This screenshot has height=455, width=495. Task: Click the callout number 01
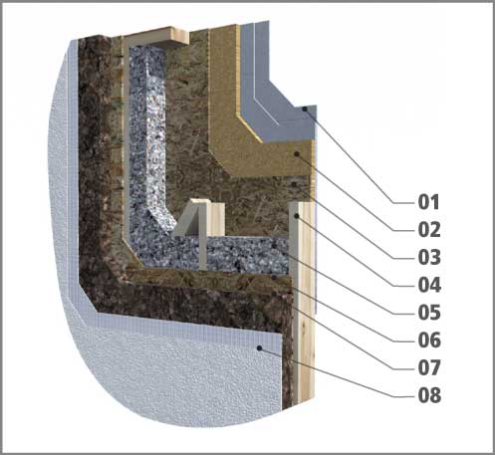click(429, 202)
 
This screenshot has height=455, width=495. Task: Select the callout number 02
click(429, 230)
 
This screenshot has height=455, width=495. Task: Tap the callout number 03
click(429, 257)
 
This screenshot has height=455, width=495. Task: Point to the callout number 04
click(429, 285)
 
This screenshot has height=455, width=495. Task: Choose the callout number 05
click(429, 313)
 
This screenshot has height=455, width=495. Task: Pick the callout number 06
click(429, 341)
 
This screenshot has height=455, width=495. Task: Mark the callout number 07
click(429, 367)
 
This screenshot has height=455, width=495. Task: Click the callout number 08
click(429, 395)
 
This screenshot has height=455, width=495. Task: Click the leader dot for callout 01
click(304, 109)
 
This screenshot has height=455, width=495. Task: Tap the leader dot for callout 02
click(297, 154)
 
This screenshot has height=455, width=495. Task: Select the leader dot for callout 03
click(294, 183)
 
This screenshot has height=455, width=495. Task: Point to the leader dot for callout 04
click(297, 216)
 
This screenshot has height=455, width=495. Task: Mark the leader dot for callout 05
click(274, 246)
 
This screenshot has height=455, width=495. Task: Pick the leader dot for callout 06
click(274, 277)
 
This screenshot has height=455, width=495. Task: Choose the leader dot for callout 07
click(274, 294)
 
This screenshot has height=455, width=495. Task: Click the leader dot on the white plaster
click(260, 348)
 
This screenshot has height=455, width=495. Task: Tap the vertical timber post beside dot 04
click(302, 302)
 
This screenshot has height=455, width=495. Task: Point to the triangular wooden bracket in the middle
click(192, 219)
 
